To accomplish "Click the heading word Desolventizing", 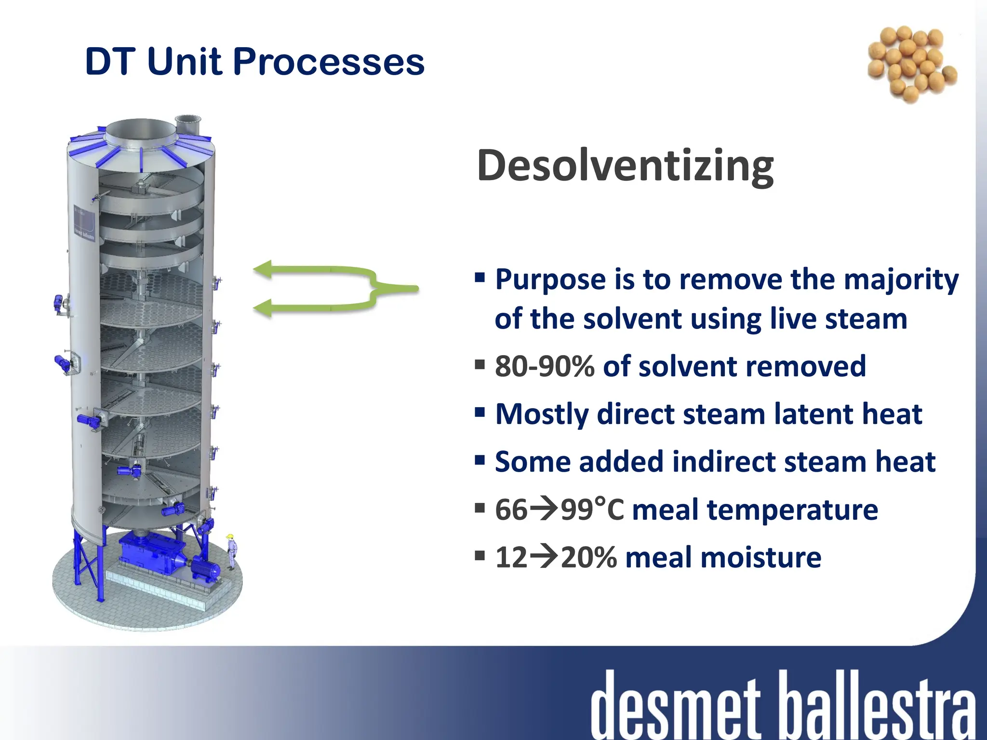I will [x=625, y=166].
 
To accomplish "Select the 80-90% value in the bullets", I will [x=545, y=367].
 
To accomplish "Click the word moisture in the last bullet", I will [x=761, y=557].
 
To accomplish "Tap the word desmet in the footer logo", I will [x=675, y=706].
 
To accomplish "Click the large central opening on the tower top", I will [x=140, y=130].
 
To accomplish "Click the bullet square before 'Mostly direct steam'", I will [x=480, y=412].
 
